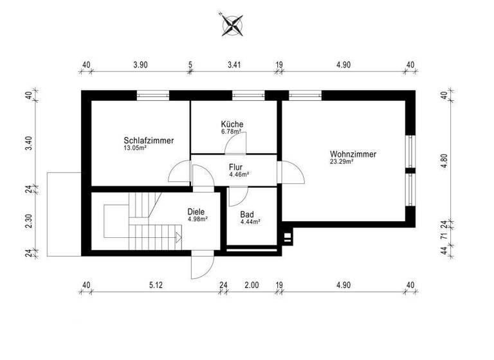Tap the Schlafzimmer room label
149,140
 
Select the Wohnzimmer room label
352,154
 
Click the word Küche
232,124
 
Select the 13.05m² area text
135,147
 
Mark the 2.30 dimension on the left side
28,220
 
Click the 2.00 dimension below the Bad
251,285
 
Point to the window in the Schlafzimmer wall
153,95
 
